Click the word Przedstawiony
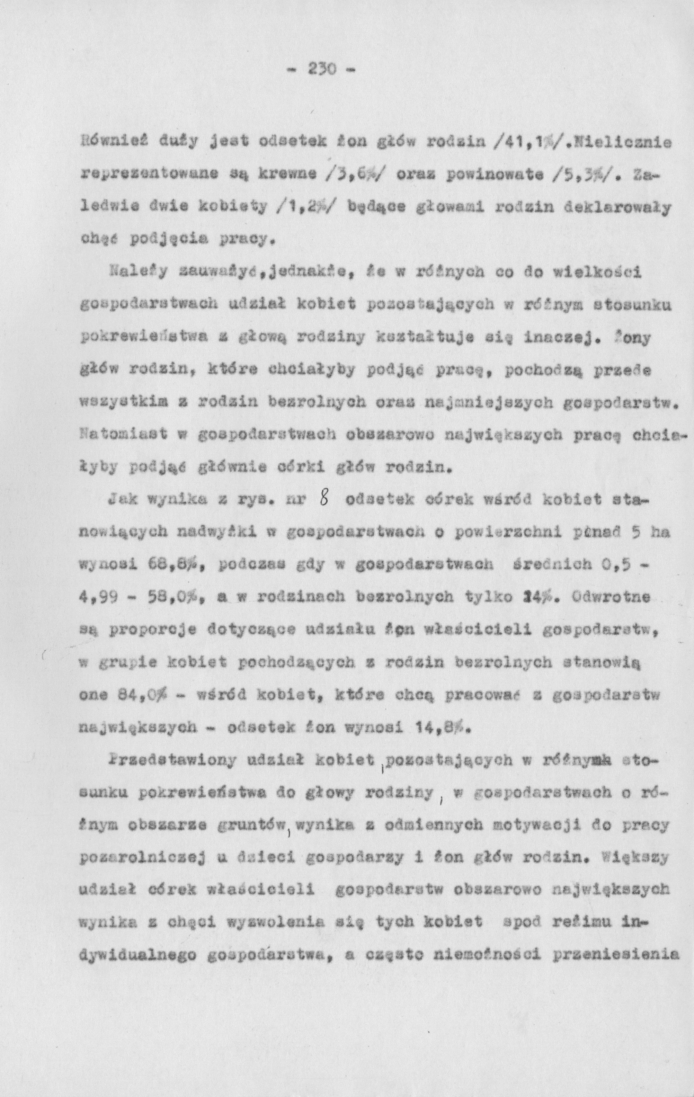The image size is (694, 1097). pyautogui.click(x=153, y=759)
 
